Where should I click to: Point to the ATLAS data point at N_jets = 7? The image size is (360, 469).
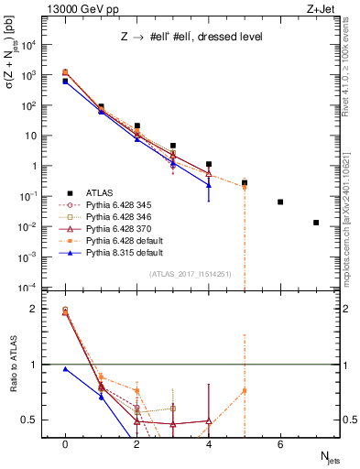click(x=316, y=223)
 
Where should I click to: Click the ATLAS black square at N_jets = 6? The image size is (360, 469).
click(x=280, y=202)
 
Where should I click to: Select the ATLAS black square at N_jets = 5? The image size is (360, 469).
click(x=245, y=182)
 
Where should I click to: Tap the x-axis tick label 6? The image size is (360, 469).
click(x=280, y=444)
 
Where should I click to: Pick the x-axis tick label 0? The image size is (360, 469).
click(x=65, y=444)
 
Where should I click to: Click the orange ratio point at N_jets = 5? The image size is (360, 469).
click(x=245, y=391)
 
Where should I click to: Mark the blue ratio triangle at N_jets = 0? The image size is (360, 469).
click(x=65, y=369)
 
